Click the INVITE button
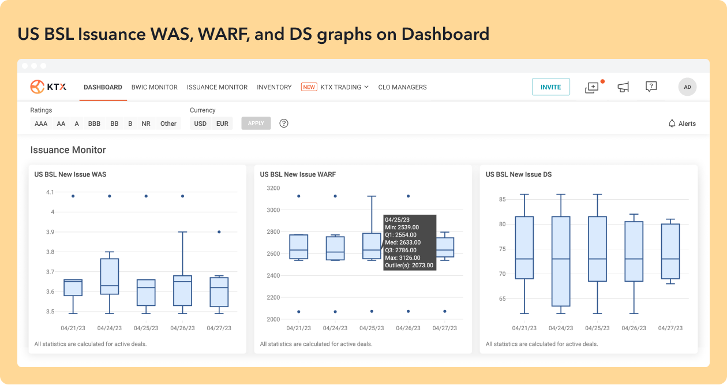coord(551,87)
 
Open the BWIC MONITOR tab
coord(155,87)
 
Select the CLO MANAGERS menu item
coord(402,87)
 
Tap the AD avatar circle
coord(687,87)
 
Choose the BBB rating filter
coord(94,124)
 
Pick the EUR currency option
coord(222,124)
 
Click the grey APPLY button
coord(256,124)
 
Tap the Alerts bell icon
coord(672,124)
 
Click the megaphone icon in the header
coord(623,87)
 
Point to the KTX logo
coord(48,87)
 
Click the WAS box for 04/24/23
coord(110,276)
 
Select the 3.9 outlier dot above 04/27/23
coord(219,232)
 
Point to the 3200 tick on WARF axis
coord(273,188)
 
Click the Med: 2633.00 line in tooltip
coord(403,242)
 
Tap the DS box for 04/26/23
coord(634,252)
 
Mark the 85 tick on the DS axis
coord(503,199)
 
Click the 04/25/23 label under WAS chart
coord(146,328)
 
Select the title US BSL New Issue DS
coord(519,174)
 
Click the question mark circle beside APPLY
coord(284,124)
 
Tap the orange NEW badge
coord(309,87)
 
